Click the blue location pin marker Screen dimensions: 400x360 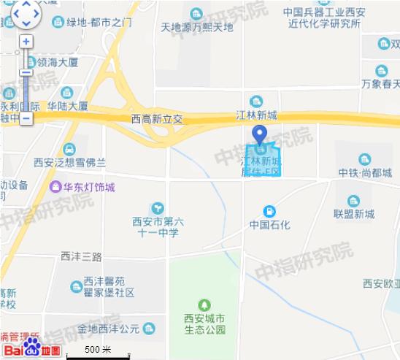point(258,135)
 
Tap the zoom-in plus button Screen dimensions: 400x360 point(26,42)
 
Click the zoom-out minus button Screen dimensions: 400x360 point(26,117)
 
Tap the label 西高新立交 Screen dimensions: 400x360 point(156,118)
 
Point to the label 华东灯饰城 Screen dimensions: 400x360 point(88,187)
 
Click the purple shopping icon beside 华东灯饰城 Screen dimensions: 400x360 point(55,186)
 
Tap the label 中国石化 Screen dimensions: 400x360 point(269,224)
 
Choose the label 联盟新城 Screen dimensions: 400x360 point(354,214)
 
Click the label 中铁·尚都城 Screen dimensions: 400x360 point(365,172)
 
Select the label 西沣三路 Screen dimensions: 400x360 point(82,256)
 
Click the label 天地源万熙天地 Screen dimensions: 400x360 point(196,27)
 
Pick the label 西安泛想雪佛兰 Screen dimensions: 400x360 point(69,161)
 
